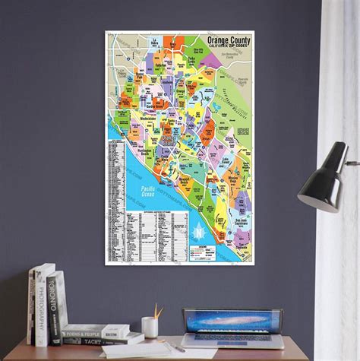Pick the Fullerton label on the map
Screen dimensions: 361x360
(x=160, y=65)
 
